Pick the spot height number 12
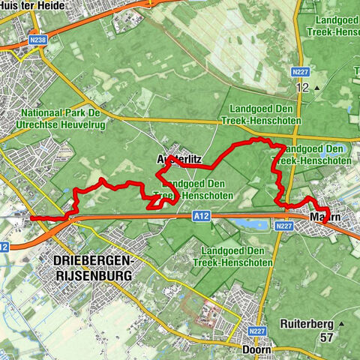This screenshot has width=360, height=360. [302, 88]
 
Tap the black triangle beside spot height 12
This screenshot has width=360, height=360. [317, 88]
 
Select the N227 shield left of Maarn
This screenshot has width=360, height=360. [283, 225]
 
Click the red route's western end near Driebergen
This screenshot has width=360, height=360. [31, 218]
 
